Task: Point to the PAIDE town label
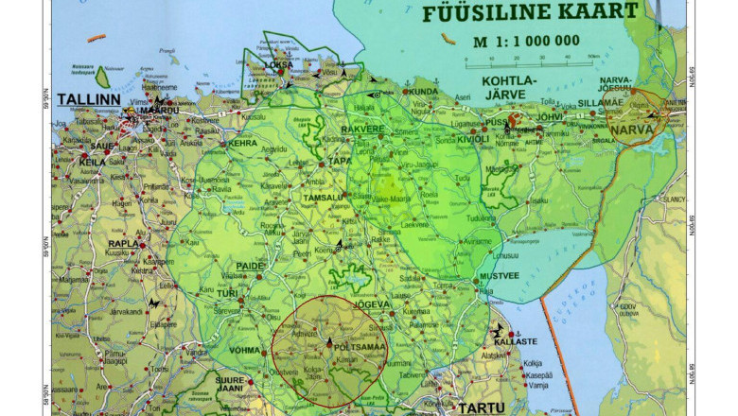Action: click(x=250, y=266)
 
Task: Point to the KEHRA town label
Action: click(x=243, y=144)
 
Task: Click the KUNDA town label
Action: click(x=426, y=92)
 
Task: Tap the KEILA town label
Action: click(x=93, y=163)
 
